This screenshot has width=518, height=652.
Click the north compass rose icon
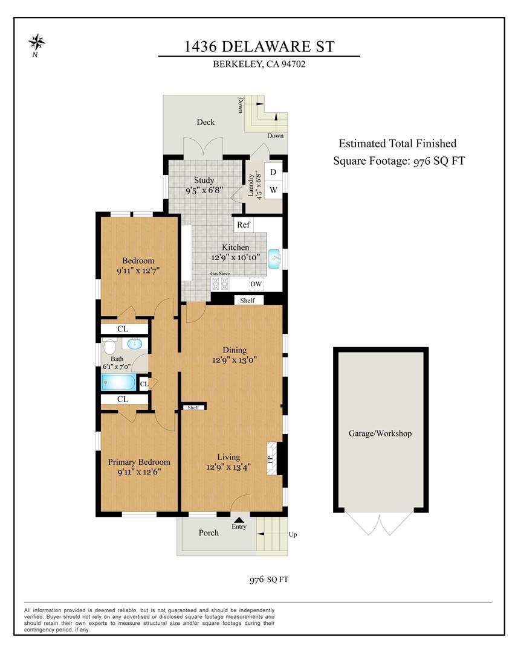(37, 42)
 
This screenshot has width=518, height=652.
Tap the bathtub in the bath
(118, 382)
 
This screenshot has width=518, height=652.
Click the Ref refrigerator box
(244, 225)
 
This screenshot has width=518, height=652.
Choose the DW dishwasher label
(256, 284)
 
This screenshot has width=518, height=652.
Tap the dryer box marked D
(273, 172)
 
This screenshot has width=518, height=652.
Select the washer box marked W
(273, 190)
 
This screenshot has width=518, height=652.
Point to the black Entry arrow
(239, 519)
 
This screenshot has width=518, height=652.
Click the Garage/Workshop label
(380, 433)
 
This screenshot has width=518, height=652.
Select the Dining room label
(235, 350)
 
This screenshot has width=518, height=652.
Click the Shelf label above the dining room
(247, 300)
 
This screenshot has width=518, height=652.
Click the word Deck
(206, 123)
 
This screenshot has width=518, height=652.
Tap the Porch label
(209, 533)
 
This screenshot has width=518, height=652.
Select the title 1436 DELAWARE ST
(259, 46)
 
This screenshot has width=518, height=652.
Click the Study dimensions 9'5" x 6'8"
(204, 190)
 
